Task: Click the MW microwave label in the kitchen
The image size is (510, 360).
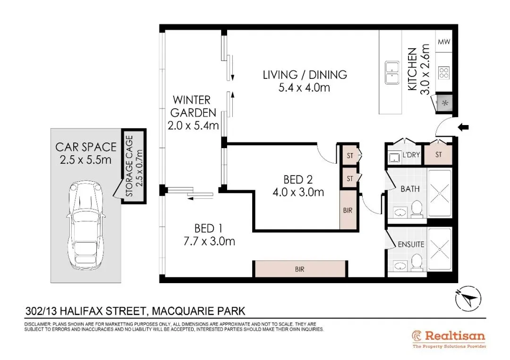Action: tap(443, 42)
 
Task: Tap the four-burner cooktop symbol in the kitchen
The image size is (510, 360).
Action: tap(443, 73)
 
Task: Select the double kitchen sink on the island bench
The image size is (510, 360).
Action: tap(392, 73)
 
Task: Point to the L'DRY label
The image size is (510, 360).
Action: tap(411, 155)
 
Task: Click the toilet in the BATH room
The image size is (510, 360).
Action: tap(416, 209)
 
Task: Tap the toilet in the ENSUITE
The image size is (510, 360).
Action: tap(416, 262)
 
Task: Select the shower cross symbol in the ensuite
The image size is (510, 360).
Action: tap(440, 250)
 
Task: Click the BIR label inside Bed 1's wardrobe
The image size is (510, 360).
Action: tap(299, 269)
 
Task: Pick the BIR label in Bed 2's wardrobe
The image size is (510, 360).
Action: tap(348, 210)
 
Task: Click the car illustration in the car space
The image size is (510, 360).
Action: tap(85, 225)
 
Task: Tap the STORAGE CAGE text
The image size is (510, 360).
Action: tap(129, 166)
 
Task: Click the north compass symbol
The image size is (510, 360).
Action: tap(468, 299)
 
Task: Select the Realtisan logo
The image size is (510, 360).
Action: tap(449, 339)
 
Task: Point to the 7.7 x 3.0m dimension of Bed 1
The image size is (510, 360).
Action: tap(209, 242)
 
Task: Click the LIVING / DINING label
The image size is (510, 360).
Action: tap(305, 75)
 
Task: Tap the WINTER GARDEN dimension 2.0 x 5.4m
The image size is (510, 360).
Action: tap(193, 126)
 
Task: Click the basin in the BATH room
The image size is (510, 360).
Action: tap(400, 213)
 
